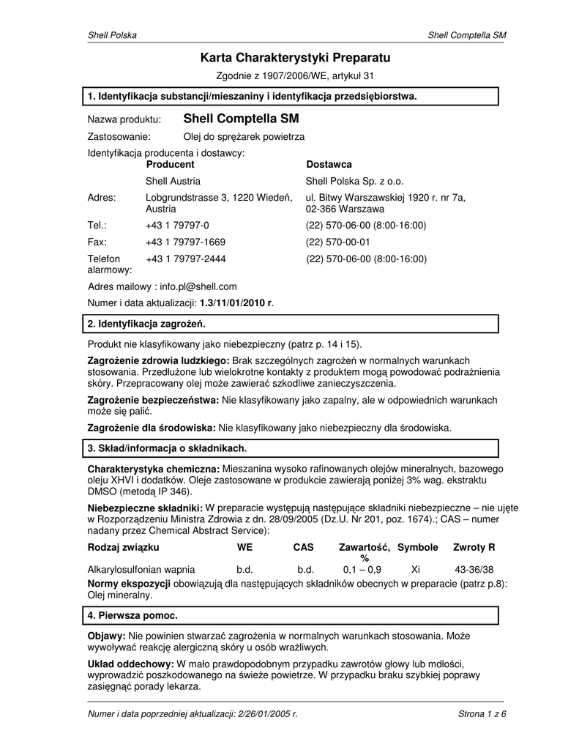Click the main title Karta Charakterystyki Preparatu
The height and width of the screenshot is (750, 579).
tap(295, 57)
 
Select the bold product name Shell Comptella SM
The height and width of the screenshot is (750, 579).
tap(241, 119)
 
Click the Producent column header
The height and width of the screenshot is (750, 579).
tap(170, 165)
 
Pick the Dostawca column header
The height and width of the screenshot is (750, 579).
tap(329, 165)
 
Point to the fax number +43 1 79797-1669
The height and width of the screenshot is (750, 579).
tap(185, 242)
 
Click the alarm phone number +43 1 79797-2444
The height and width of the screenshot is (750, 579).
tap(185, 259)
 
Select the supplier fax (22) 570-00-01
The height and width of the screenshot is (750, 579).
tap(338, 242)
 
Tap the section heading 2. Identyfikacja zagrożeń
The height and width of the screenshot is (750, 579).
tap(146, 323)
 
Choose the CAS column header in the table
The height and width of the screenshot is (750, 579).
tap(303, 547)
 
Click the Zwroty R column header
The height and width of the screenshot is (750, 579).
tap(474, 547)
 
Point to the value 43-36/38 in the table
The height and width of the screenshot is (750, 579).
tap(474, 569)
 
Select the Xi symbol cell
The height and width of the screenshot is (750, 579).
tap(416, 569)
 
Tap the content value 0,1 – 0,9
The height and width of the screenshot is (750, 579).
tap(362, 569)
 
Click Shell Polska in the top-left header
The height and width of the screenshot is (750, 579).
tap(112, 35)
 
